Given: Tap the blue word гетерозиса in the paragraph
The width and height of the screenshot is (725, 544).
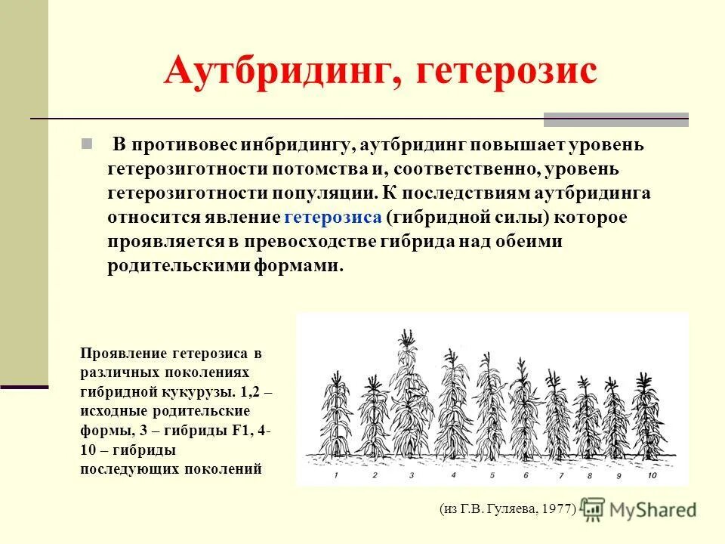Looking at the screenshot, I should click(333, 218).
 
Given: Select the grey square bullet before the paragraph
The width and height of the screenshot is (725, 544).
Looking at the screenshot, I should click(87, 144).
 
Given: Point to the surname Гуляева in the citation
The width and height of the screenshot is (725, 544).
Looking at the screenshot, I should click(513, 508).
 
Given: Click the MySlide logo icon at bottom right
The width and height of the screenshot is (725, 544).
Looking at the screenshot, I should click(594, 508).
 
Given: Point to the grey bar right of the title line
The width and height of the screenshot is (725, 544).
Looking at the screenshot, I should click(615, 119).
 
